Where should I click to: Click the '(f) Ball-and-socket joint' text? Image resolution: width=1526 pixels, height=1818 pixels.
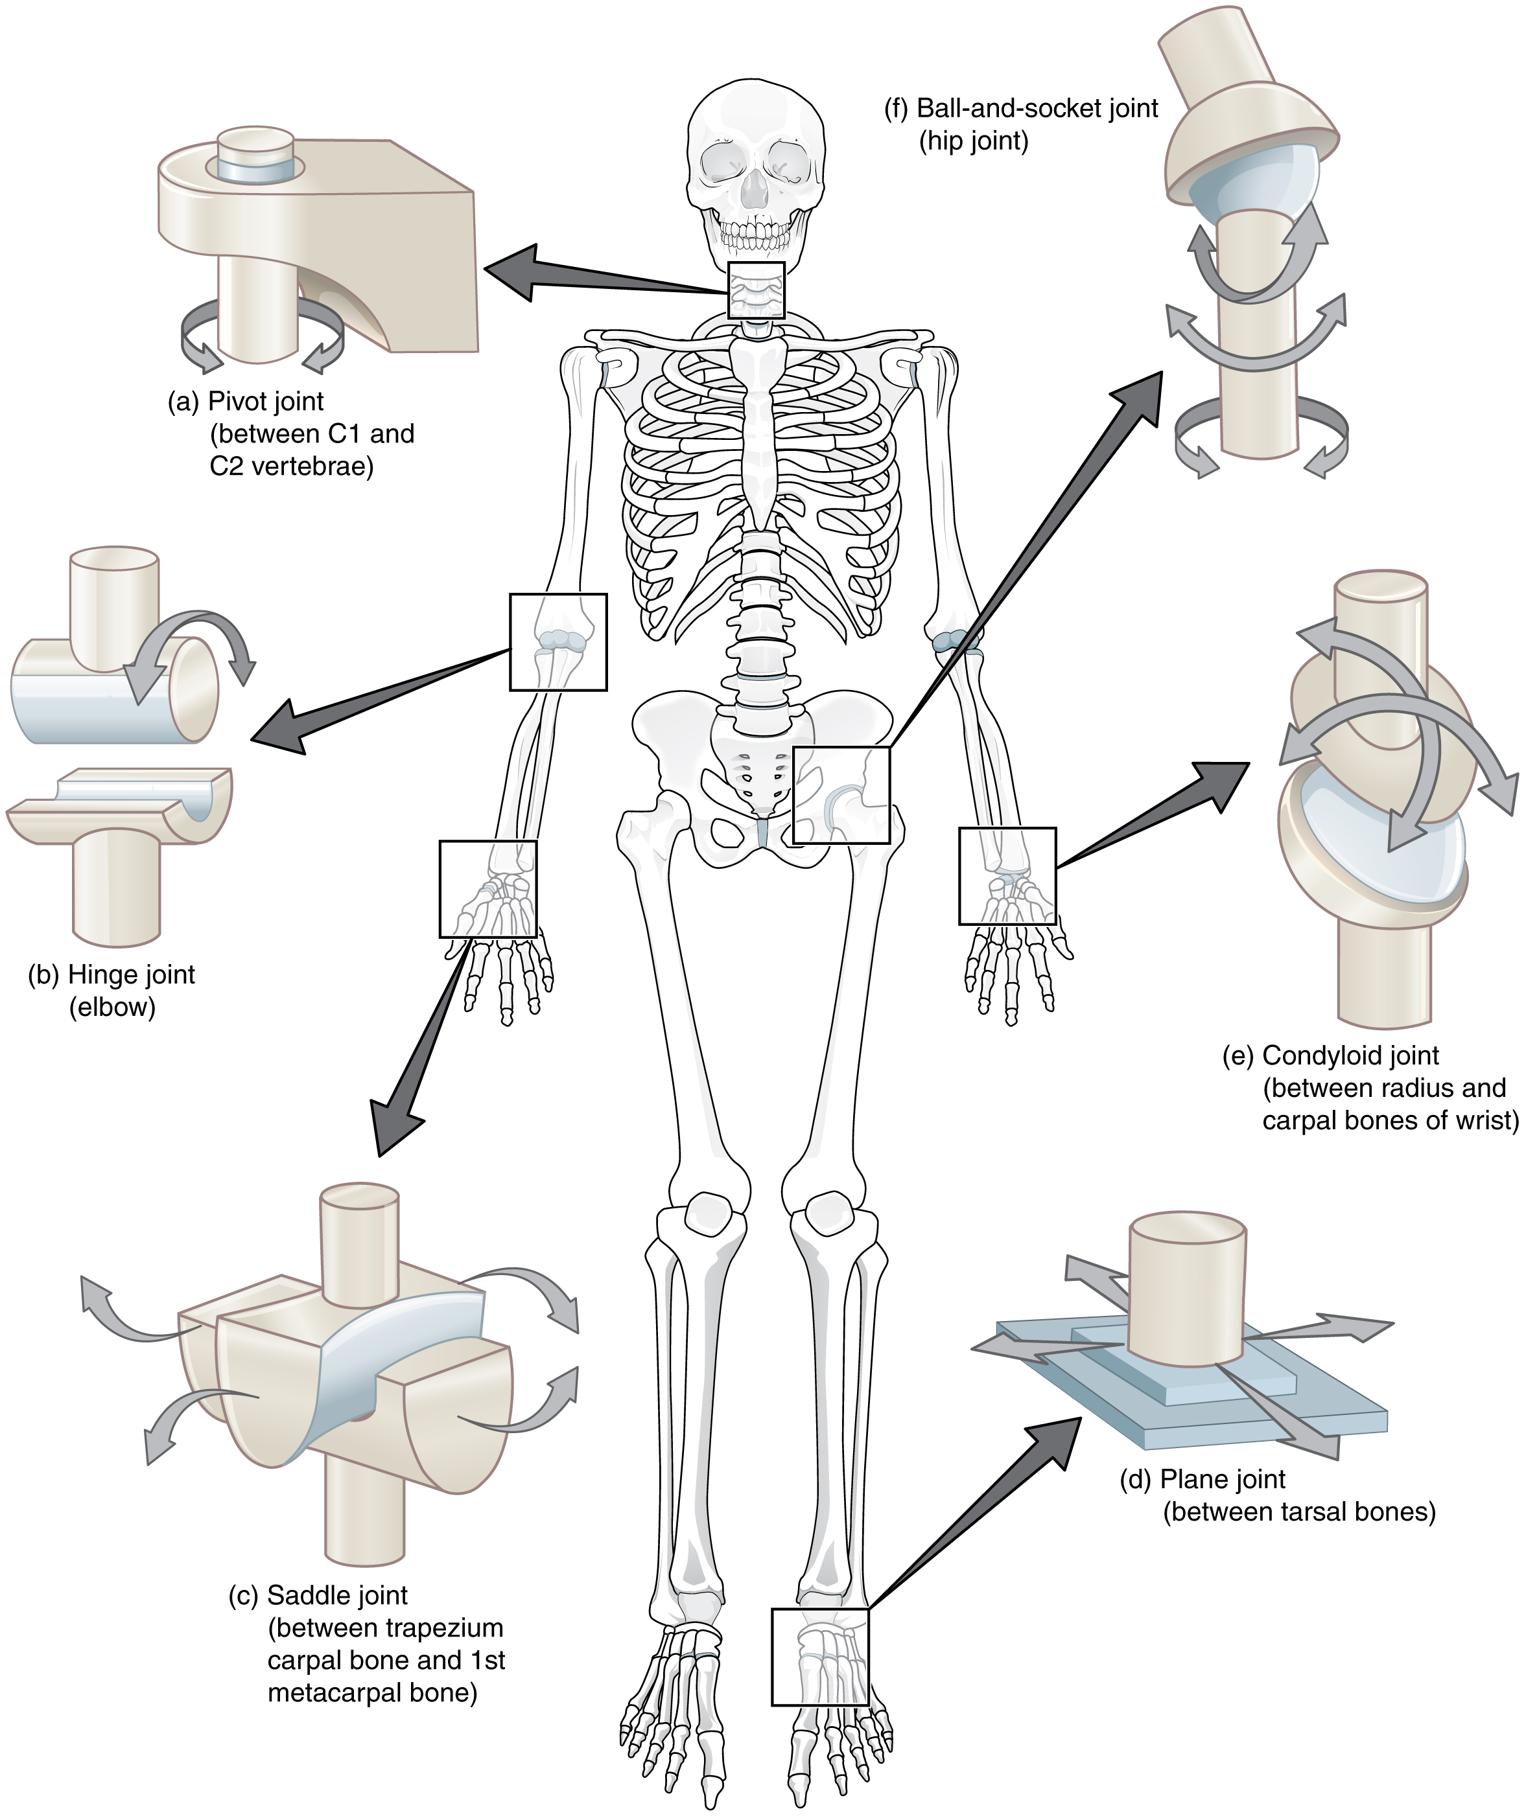(x=1021, y=108)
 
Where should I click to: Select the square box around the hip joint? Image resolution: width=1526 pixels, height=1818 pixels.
(x=841, y=795)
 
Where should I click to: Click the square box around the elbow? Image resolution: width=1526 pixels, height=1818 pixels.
(x=558, y=641)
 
